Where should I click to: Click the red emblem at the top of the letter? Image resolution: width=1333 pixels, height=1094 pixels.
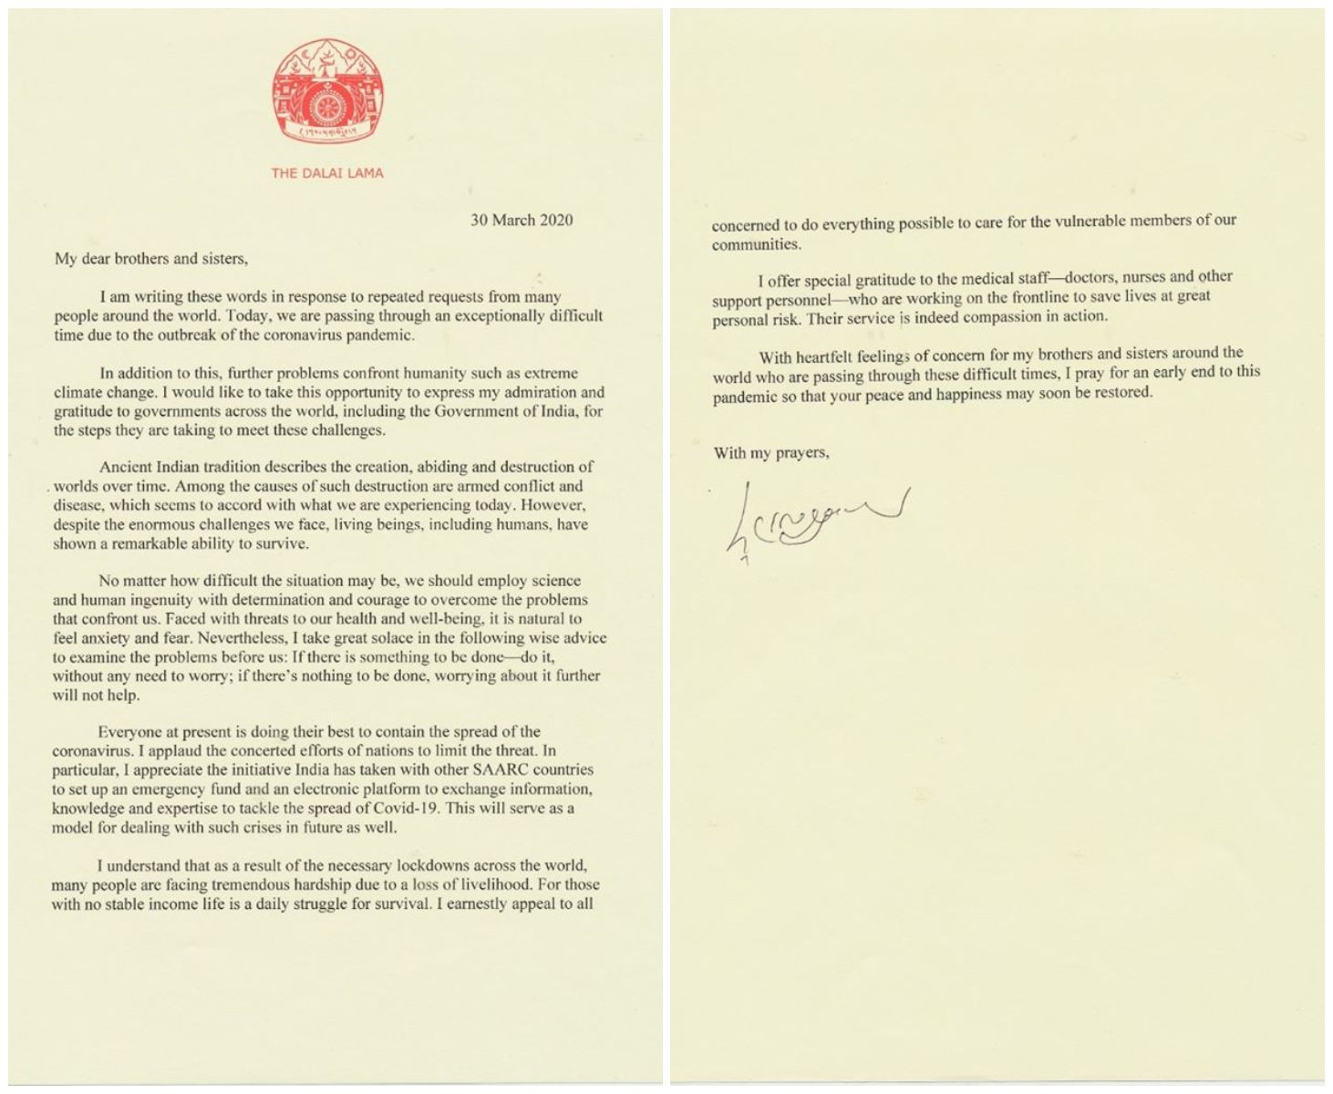[x=327, y=93]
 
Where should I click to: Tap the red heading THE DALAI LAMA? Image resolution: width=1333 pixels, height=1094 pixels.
[x=327, y=172]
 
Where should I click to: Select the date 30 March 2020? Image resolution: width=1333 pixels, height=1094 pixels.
[x=522, y=220]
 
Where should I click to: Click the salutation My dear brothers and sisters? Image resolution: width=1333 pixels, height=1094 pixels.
[x=150, y=258]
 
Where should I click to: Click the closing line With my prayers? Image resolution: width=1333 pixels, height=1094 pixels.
[x=771, y=452]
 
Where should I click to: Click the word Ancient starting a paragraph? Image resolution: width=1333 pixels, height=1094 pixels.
[x=127, y=467]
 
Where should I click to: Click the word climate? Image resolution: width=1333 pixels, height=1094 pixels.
[x=78, y=393]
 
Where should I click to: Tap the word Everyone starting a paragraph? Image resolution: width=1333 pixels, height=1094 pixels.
[x=130, y=731]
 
